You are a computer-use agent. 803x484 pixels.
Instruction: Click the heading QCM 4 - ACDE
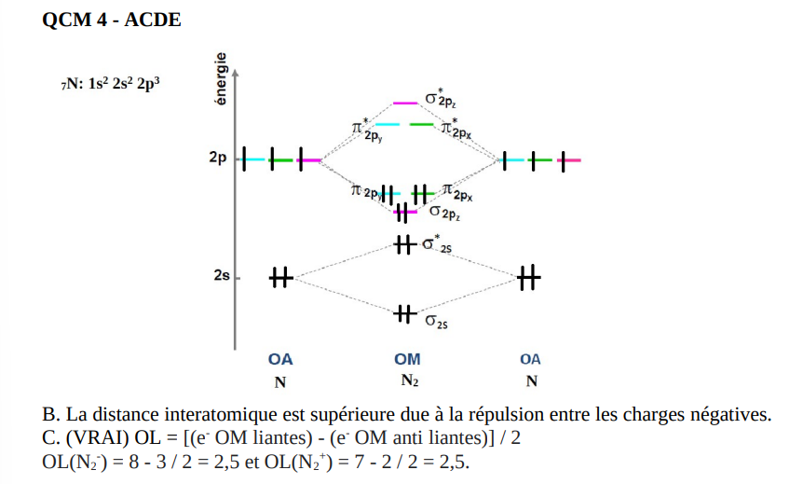tap(112, 21)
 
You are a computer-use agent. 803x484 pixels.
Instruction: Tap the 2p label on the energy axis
tap(219, 159)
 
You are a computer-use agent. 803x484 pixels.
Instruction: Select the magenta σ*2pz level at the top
tap(405, 103)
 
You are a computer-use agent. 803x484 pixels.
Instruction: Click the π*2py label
tap(364, 131)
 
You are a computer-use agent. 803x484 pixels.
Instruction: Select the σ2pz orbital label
tap(443, 215)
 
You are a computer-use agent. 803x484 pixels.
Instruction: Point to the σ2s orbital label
tap(436, 322)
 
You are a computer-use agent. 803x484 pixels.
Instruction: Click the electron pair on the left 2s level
tap(280, 277)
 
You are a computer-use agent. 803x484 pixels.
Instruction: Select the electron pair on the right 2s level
tap(528, 277)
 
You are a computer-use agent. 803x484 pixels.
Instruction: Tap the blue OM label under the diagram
tap(407, 359)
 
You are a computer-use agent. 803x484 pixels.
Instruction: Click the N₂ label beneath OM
tap(409, 380)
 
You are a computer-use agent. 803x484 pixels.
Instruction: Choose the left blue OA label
tap(280, 359)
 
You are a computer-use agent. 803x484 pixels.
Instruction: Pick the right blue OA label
tap(530, 359)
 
